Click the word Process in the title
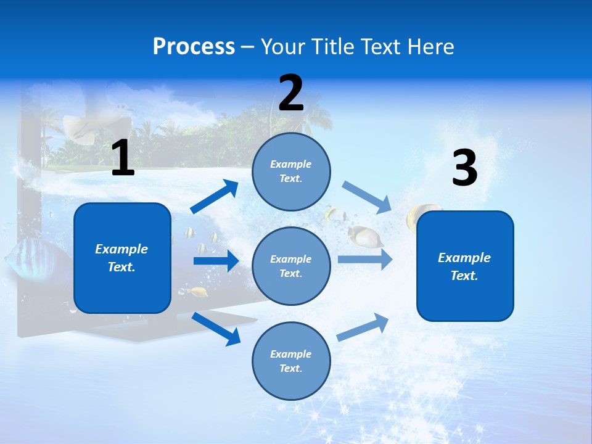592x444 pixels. [194, 47]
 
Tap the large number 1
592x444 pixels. [123, 158]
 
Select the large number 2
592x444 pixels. [291, 93]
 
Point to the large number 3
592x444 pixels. [464, 168]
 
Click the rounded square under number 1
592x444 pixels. [122, 258]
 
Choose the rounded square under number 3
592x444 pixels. [465, 266]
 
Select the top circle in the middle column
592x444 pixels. [291, 171]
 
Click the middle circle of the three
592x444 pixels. [291, 266]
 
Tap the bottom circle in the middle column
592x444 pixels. [291, 361]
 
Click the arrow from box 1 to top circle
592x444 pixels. [215, 197]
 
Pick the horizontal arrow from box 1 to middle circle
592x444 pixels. [215, 261]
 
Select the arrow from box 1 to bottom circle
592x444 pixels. [216, 328]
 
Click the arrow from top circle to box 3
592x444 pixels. [366, 197]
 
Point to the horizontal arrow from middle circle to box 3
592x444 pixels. [364, 260]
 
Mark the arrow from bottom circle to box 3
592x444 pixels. [363, 327]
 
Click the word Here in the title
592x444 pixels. [431, 47]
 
